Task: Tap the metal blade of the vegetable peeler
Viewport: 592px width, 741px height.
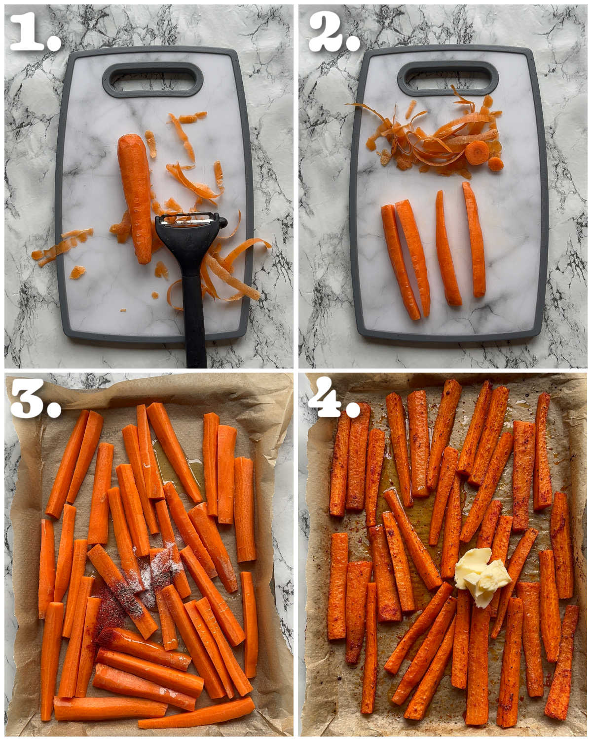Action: click(188, 219)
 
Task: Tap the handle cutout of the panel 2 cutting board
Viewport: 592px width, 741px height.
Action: click(448, 79)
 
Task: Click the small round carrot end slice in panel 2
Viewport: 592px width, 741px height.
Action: click(496, 164)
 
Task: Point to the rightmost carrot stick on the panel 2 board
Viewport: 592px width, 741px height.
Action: click(475, 239)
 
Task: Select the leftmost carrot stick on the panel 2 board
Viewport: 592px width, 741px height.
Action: click(400, 262)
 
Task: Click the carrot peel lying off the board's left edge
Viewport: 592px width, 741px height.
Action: click(62, 245)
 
